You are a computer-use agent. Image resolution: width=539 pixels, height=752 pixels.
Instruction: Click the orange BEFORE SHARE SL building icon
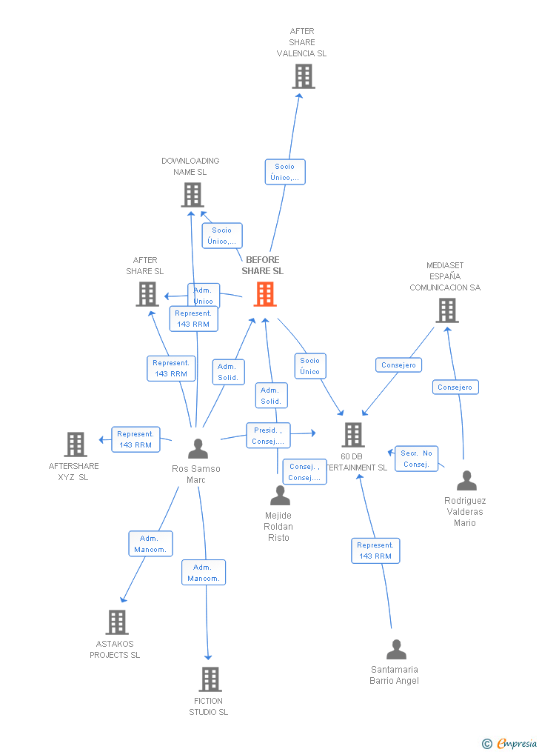pyautogui.click(x=264, y=294)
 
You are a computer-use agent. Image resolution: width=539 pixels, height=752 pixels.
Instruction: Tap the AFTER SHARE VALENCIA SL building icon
pyautogui.click(x=303, y=76)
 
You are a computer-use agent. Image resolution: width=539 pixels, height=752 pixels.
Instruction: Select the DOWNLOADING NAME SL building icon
pyautogui.click(x=192, y=195)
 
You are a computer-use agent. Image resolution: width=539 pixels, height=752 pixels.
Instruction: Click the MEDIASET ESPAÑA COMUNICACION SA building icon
pyautogui.click(x=446, y=310)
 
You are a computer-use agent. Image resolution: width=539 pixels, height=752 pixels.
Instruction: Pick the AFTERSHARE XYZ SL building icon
pyautogui.click(x=76, y=445)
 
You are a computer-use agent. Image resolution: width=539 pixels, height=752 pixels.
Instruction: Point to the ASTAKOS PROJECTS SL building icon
pyautogui.click(x=116, y=622)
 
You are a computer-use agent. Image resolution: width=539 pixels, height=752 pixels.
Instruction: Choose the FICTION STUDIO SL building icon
pyautogui.click(x=210, y=679)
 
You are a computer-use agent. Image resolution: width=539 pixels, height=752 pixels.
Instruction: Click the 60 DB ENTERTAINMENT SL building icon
pyautogui.click(x=353, y=435)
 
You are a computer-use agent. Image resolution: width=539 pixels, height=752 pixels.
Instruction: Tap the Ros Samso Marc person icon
pyautogui.click(x=198, y=449)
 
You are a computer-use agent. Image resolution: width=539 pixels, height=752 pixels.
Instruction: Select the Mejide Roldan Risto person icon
pyautogui.click(x=280, y=496)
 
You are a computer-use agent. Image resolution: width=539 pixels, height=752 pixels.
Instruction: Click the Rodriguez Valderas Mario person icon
pyautogui.click(x=466, y=481)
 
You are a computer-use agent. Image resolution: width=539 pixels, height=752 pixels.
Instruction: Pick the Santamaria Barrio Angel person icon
pyautogui.click(x=396, y=650)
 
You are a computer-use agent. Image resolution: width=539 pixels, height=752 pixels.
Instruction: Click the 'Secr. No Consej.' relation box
pyautogui.click(x=416, y=459)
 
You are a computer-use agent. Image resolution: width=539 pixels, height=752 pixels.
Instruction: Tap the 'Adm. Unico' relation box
pyautogui.click(x=204, y=295)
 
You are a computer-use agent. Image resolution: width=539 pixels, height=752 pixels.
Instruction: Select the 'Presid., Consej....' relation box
pyautogui.click(x=268, y=436)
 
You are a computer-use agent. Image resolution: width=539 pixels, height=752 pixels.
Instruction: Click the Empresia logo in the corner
pyautogui.click(x=511, y=743)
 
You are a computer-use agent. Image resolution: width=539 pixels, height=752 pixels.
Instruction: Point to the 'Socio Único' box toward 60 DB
pyautogui.click(x=310, y=366)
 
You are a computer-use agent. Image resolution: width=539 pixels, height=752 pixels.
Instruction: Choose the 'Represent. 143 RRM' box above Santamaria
pyautogui.click(x=375, y=550)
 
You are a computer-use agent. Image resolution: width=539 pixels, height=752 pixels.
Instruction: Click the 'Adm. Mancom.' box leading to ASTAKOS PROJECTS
pyautogui.click(x=151, y=544)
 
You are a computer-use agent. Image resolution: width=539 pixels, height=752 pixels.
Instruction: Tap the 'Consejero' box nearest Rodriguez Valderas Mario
pyautogui.click(x=455, y=387)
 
